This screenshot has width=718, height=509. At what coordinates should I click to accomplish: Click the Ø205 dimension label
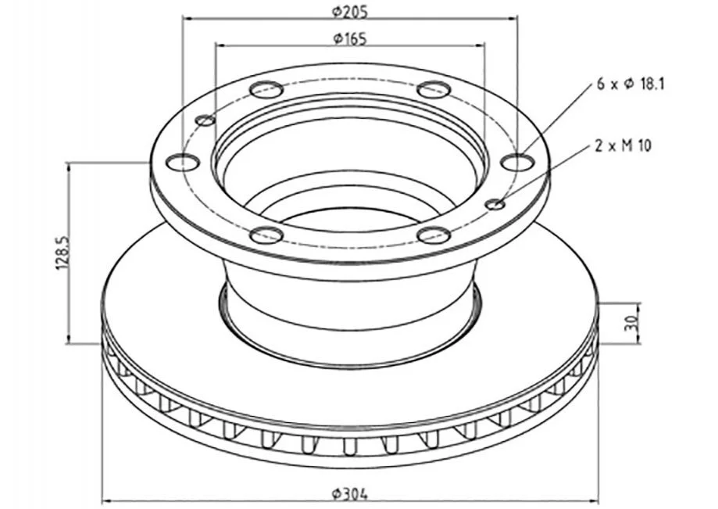tap(350, 11)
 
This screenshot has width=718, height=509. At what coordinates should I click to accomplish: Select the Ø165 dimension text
tap(350, 38)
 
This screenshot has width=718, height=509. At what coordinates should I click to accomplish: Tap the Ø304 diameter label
tap(350, 493)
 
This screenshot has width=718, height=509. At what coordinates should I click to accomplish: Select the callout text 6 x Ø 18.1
tap(630, 84)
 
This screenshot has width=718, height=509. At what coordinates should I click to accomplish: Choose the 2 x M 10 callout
tap(623, 145)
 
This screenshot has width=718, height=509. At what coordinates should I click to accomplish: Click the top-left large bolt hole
tap(266, 88)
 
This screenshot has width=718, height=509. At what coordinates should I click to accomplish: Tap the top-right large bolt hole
tap(434, 88)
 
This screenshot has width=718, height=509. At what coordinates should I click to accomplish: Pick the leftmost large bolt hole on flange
tap(183, 162)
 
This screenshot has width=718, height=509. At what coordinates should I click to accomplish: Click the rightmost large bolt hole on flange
tap(517, 162)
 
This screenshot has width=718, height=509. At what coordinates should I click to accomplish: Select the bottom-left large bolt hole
tap(266, 235)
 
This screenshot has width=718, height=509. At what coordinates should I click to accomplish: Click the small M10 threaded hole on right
tap(496, 204)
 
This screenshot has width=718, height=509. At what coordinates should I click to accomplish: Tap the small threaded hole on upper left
tap(205, 120)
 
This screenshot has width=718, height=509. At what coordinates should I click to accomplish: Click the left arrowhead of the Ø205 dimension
tap(186, 19)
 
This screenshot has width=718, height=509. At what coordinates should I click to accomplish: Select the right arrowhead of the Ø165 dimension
tap(481, 45)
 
